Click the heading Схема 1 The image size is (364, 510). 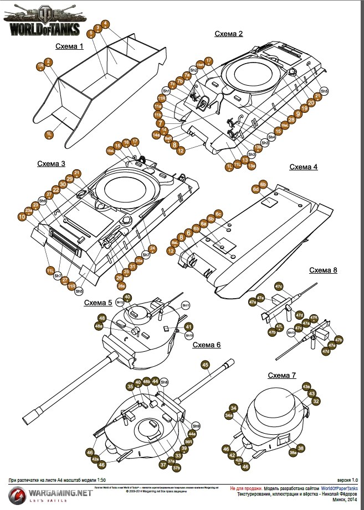(69, 46)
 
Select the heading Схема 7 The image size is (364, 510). (281, 376)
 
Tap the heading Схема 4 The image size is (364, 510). (304, 167)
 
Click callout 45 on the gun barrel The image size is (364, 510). (205, 365)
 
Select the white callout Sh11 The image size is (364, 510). (186, 305)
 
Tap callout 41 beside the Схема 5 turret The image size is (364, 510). (188, 326)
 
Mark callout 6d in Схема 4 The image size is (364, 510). (256, 189)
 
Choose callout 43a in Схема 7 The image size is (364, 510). (306, 386)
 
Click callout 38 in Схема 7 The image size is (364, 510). (301, 447)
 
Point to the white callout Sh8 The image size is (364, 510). (164, 382)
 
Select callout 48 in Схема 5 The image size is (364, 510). (101, 318)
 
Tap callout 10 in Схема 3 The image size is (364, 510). (22, 217)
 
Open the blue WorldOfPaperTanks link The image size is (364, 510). (339, 489)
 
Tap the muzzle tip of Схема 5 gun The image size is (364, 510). (28, 419)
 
